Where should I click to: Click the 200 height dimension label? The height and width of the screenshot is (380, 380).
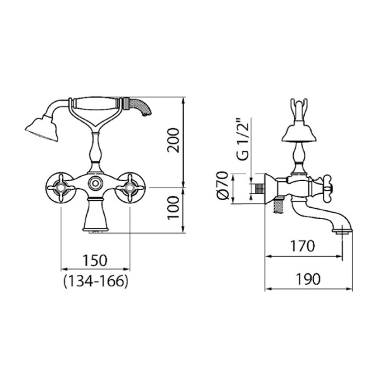[x=173, y=141]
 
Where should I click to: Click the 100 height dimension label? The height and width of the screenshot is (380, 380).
[x=173, y=208]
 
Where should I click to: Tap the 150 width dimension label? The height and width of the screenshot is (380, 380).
[x=95, y=260]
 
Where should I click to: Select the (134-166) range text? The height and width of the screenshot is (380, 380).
[x=95, y=281]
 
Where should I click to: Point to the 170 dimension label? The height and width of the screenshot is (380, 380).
[x=303, y=246]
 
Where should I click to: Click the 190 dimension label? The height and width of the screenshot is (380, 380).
[x=308, y=279]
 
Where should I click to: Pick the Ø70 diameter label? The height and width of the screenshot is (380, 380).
[x=222, y=186]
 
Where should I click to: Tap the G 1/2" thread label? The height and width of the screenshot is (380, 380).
[x=243, y=139]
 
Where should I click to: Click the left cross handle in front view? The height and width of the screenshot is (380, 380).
[x=60, y=187]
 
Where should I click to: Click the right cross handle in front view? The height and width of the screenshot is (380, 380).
[x=130, y=187]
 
